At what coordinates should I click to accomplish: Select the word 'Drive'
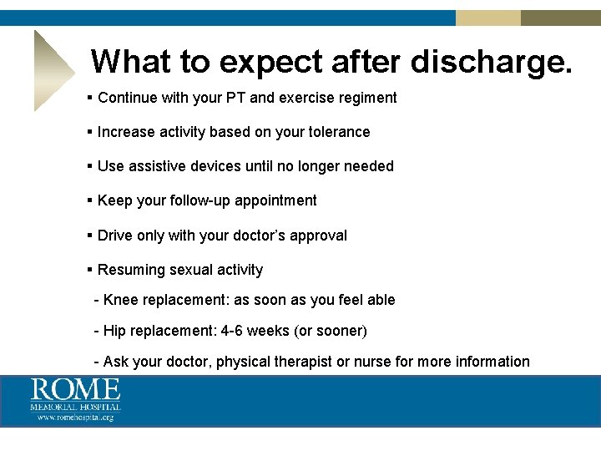pos(115,236)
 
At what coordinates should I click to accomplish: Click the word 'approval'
pos(317,236)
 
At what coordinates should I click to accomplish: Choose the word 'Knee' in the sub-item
pos(119,300)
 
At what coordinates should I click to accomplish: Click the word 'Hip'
pos(114,331)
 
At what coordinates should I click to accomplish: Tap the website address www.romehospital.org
pos(75,417)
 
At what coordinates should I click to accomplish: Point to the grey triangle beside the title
pos(50,71)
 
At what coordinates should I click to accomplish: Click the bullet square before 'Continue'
pos(89,98)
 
